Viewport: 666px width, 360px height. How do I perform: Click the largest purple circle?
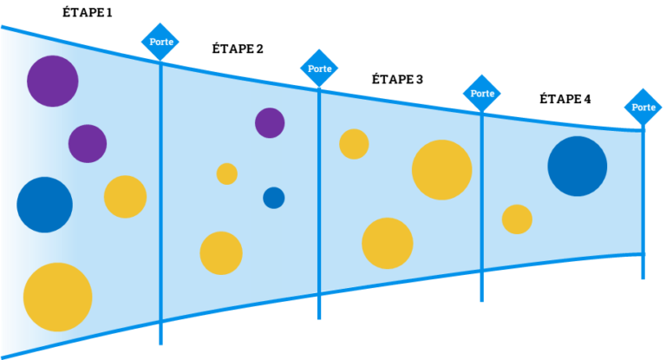click(53, 82)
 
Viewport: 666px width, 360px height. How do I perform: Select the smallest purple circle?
click(270, 122)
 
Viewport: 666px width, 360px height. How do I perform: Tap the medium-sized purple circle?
click(88, 143)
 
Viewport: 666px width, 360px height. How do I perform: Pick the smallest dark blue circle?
click(274, 198)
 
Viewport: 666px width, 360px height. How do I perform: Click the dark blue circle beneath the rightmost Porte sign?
click(578, 166)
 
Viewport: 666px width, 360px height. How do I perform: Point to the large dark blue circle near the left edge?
click(44, 205)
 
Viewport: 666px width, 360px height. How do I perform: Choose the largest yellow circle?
click(57, 297)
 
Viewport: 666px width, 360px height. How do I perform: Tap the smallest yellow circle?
click(227, 173)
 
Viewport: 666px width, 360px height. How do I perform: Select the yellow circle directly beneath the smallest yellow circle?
click(221, 252)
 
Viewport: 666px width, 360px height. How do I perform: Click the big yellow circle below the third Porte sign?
click(442, 169)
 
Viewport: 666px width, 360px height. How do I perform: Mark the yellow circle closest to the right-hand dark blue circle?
click(517, 219)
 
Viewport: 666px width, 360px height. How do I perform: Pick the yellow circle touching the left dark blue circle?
click(125, 197)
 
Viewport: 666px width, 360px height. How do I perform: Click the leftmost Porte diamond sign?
click(160, 42)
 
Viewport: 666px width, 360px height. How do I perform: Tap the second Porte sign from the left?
click(319, 69)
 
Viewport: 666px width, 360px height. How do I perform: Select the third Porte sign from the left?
click(482, 93)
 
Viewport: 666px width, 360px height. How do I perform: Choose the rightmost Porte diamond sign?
click(643, 108)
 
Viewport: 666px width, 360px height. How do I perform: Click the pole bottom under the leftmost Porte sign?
click(160, 343)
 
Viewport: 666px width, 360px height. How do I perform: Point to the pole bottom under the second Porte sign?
click(319, 317)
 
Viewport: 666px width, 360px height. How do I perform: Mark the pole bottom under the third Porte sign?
click(481, 299)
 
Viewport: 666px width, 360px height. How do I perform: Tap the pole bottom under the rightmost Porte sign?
click(643, 278)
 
